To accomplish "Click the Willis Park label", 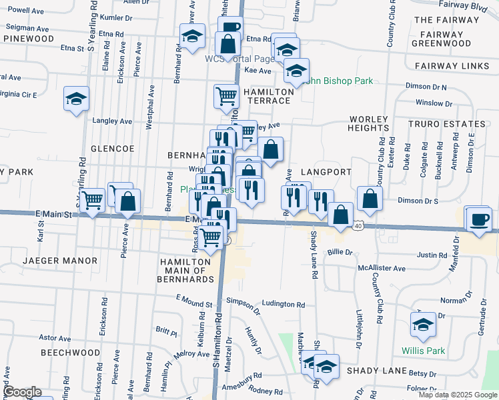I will (423, 351).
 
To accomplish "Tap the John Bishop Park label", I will (340, 81).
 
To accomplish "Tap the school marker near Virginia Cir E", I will (77, 99).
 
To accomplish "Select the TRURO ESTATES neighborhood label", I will (447, 124).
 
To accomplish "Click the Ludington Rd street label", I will (284, 304).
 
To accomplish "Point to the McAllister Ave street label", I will (381, 268).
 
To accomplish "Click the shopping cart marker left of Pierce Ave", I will (93, 198).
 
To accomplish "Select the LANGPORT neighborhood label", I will (326, 172).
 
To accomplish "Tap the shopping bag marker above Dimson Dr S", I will (370, 198).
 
